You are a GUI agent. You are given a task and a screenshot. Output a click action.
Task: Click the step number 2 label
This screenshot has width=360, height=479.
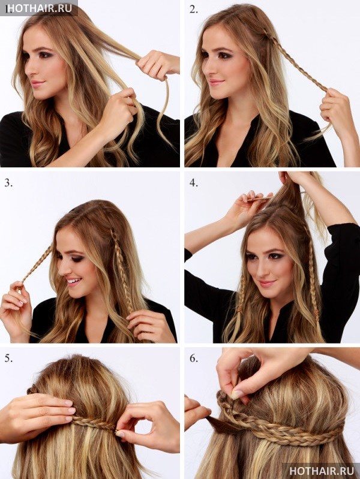pos(193,10)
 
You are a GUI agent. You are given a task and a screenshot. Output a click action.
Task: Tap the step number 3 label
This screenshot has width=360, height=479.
pos(8,183)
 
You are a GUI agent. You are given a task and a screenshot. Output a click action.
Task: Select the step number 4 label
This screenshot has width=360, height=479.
pos(194,183)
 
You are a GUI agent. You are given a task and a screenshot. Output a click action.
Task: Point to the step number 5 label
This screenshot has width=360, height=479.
pos(8,358)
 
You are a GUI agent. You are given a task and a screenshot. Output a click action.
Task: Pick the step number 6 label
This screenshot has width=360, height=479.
pos(194,358)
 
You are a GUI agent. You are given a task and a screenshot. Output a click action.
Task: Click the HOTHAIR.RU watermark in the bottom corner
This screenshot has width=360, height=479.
pos(322,471)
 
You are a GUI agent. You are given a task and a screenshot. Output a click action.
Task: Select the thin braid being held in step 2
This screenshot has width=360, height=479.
pos(293,59)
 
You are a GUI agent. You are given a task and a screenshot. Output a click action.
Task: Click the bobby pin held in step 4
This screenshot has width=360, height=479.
pos(259,199)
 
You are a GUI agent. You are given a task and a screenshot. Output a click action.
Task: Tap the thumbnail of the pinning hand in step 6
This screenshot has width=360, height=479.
pos(236,394)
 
